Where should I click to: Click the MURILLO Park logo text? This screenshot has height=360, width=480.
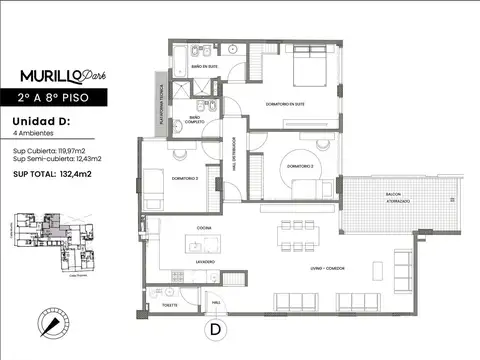point(61,76)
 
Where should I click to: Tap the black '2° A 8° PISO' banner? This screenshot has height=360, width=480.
point(61,98)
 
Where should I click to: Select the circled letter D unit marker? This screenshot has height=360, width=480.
point(214,328)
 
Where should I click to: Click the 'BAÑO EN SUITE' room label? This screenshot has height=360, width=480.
point(204,67)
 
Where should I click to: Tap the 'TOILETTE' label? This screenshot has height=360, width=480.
point(170,305)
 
